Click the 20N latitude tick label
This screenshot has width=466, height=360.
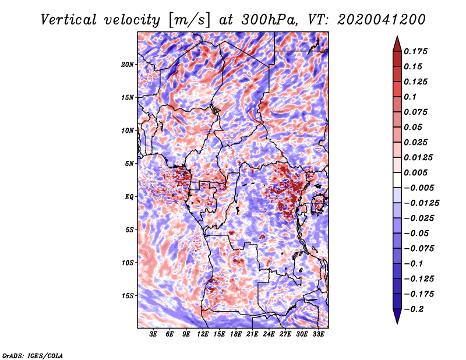(128, 64)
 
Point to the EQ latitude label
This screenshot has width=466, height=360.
(129, 197)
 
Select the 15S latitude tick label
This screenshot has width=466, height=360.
(128, 296)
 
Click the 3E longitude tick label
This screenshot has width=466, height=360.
(153, 335)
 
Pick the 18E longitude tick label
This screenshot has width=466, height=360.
(235, 335)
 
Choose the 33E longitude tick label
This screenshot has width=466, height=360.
(318, 335)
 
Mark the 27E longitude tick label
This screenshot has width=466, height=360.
(285, 335)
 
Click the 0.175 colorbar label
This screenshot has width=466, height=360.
(416, 51)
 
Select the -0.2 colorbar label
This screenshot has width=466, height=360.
(415, 309)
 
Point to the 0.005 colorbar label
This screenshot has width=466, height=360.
(416, 173)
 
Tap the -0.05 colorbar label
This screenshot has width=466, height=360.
(416, 234)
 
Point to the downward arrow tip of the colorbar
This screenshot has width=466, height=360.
(397, 322)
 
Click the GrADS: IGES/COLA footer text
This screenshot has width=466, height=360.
(33, 355)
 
